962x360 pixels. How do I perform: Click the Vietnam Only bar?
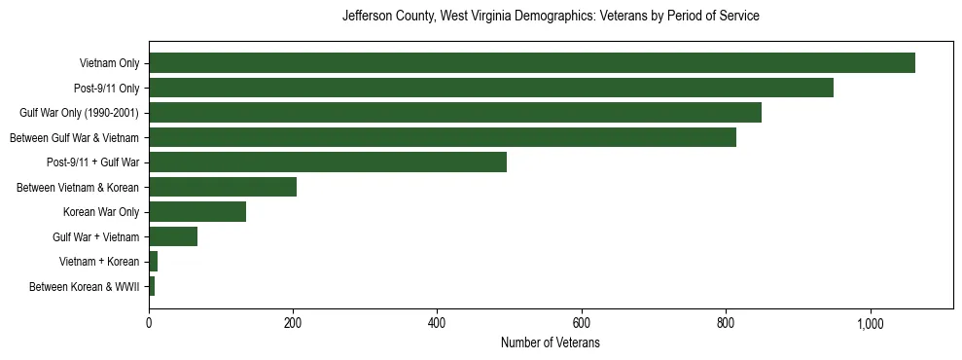point(531,63)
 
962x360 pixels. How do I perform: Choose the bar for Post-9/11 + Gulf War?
point(327,162)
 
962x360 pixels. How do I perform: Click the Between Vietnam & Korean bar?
point(222,187)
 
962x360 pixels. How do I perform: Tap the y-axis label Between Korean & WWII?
point(85,286)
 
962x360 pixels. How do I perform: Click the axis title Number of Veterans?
point(550,343)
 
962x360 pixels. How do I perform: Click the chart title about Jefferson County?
point(551,17)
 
